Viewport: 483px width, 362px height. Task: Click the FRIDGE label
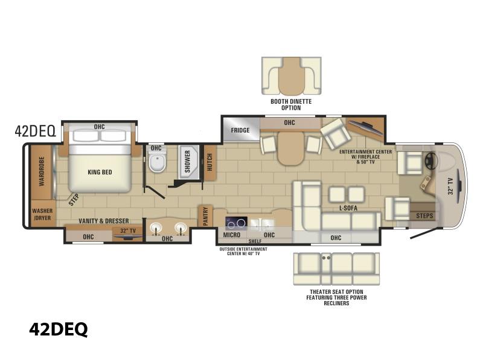pyautogui.click(x=240, y=130)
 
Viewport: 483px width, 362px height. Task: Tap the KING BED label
pyautogui.click(x=100, y=172)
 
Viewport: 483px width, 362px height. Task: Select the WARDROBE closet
pyautogui.click(x=41, y=172)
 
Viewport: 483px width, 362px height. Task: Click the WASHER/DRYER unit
pyautogui.click(x=43, y=214)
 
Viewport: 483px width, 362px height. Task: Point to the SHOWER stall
pyautogui.click(x=188, y=162)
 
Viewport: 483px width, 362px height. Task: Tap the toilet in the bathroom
pyautogui.click(x=158, y=160)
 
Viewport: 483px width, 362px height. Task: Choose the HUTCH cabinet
pyautogui.click(x=210, y=162)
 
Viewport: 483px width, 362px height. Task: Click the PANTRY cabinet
pyautogui.click(x=205, y=215)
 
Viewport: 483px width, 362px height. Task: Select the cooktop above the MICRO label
pyautogui.click(x=236, y=223)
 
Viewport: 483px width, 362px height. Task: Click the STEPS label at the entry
pyautogui.click(x=424, y=216)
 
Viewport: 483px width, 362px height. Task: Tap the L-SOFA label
pyautogui.click(x=348, y=208)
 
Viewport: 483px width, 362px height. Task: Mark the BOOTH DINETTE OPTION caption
pyautogui.click(x=291, y=104)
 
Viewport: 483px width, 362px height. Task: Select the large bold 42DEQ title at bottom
pyautogui.click(x=59, y=329)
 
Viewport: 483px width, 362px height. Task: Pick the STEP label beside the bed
pyautogui.click(x=74, y=200)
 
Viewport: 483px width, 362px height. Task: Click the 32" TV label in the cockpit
pyautogui.click(x=450, y=186)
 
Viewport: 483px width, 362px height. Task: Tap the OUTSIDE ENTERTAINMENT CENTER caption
pyautogui.click(x=243, y=251)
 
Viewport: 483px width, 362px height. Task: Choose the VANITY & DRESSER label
pyautogui.click(x=104, y=221)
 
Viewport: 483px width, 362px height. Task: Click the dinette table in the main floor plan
pyautogui.click(x=291, y=148)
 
